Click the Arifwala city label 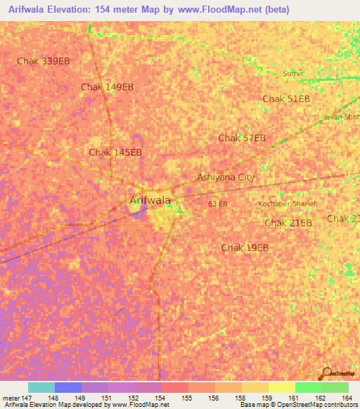pyautogui.click(x=150, y=200)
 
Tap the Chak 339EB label pyautogui.click(x=44, y=61)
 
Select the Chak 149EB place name pyautogui.click(x=107, y=87)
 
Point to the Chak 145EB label pyautogui.click(x=115, y=152)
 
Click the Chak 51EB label pyautogui.click(x=286, y=99)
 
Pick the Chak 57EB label pyautogui.click(x=242, y=138)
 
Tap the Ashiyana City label pyautogui.click(x=225, y=177)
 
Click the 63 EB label pyautogui.click(x=218, y=204)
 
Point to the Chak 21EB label pyautogui.click(x=288, y=223)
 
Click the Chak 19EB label pyautogui.click(x=245, y=247)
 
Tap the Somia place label pyautogui.click(x=292, y=73)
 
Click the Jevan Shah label pyautogui.click(x=341, y=117)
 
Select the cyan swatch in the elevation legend pyautogui.click(x=41, y=387)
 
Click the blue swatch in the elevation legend pyautogui.click(x=67, y=387)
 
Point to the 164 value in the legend pyautogui.click(x=346, y=398)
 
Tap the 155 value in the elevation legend pyautogui.click(x=186, y=398)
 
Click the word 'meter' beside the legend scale pyautogui.click(x=11, y=398)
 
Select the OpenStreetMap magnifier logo pyautogui.click(x=326, y=373)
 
